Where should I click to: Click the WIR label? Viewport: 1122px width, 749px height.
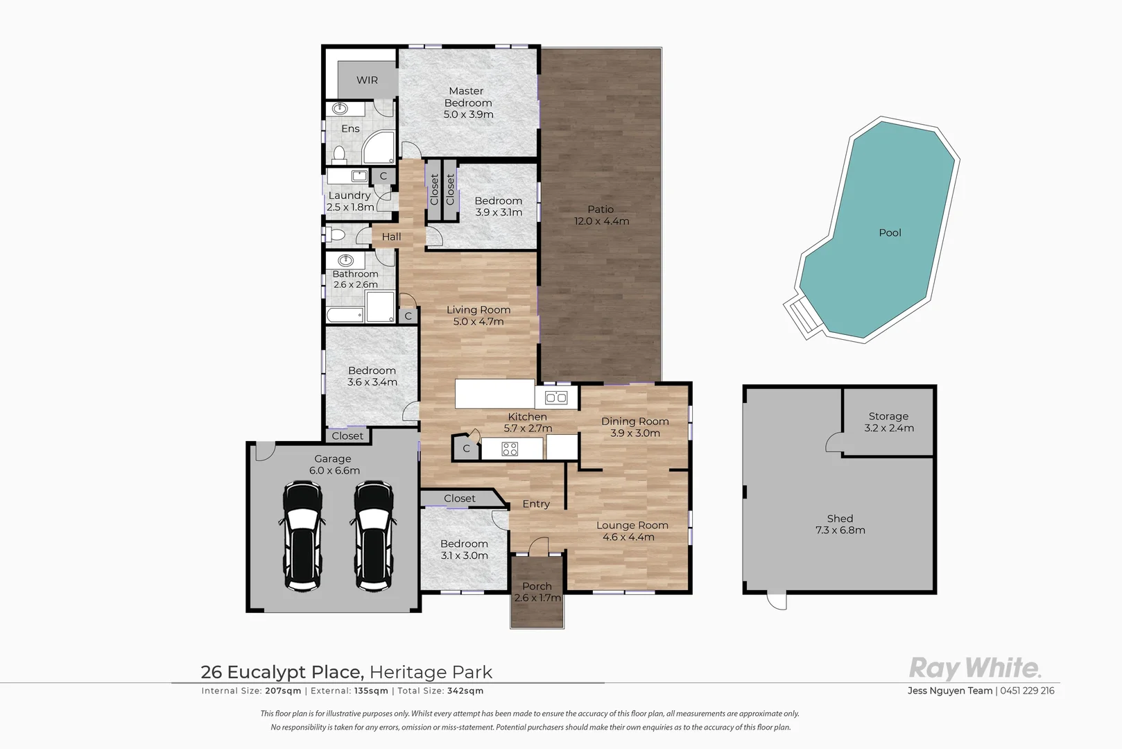pyautogui.click(x=367, y=80)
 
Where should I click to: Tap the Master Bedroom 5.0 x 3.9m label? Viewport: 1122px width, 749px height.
pyautogui.click(x=468, y=103)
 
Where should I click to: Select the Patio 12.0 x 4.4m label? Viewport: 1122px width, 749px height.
pyautogui.click(x=601, y=215)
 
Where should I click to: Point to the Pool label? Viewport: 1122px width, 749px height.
pyautogui.click(x=890, y=233)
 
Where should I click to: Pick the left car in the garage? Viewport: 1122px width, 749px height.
pyautogui.click(x=303, y=536)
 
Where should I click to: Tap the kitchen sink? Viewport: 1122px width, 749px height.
pyautogui.click(x=556, y=397)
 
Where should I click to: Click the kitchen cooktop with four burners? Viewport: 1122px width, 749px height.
pyautogui.click(x=510, y=449)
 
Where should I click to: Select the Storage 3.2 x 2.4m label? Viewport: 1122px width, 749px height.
pyautogui.click(x=888, y=422)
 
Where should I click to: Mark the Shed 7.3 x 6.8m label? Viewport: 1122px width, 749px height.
pyautogui.click(x=840, y=524)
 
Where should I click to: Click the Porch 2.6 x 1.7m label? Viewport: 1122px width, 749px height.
pyautogui.click(x=537, y=592)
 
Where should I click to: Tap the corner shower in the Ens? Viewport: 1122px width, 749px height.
pyautogui.click(x=379, y=148)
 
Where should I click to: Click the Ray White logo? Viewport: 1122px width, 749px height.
pyautogui.click(x=975, y=669)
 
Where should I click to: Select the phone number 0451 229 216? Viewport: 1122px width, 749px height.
pyautogui.click(x=1027, y=691)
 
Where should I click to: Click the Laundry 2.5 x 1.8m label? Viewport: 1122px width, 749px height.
pyautogui.click(x=350, y=201)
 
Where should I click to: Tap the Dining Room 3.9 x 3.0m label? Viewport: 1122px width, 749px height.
pyautogui.click(x=635, y=427)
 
